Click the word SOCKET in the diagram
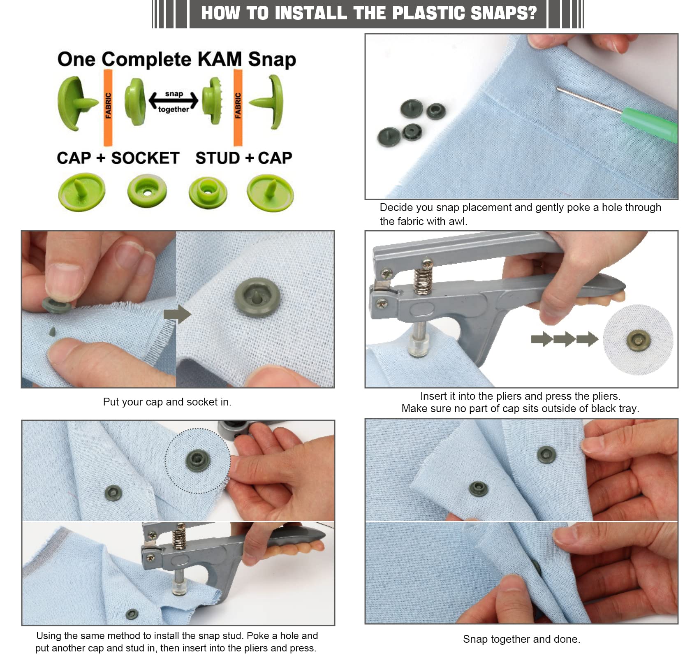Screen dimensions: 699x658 [x=145, y=158]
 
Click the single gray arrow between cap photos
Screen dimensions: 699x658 [x=177, y=314]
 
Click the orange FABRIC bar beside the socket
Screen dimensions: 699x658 [x=108, y=108]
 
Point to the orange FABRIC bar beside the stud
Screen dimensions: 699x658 [x=238, y=108]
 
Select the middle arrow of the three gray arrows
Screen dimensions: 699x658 [x=565, y=339]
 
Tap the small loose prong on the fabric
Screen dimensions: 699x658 [x=52, y=331]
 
